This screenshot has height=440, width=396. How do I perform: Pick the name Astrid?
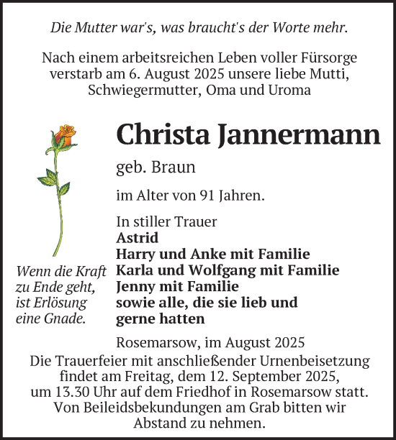[137, 237]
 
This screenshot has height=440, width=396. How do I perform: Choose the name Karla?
[136, 270]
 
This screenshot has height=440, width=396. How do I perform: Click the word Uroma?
[287, 90]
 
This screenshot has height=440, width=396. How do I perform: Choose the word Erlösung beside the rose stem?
[61, 303]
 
